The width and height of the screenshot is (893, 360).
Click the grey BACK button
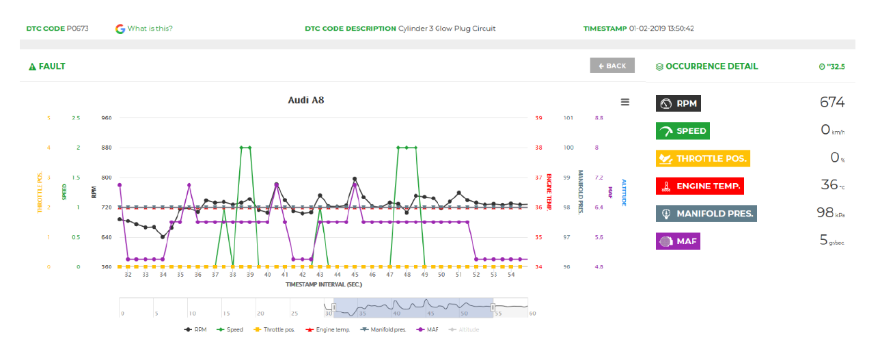612,66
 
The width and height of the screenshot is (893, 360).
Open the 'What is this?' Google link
150,29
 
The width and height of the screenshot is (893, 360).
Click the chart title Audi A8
305,100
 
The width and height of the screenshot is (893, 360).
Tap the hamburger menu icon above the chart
624,102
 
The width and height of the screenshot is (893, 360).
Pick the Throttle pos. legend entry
276,329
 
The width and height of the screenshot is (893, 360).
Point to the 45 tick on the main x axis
355,275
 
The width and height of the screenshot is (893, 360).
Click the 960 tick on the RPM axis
106,117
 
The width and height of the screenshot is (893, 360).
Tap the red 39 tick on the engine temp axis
538,117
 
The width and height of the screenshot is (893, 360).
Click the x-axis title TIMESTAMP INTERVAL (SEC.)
324,283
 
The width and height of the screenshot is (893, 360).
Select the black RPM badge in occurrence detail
678,103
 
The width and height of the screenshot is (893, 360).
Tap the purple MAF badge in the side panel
678,241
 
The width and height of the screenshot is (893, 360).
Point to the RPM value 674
832,102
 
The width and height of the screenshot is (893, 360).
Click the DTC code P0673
77,29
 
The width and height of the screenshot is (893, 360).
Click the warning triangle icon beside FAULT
32,67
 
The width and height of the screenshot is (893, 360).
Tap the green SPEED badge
683,131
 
